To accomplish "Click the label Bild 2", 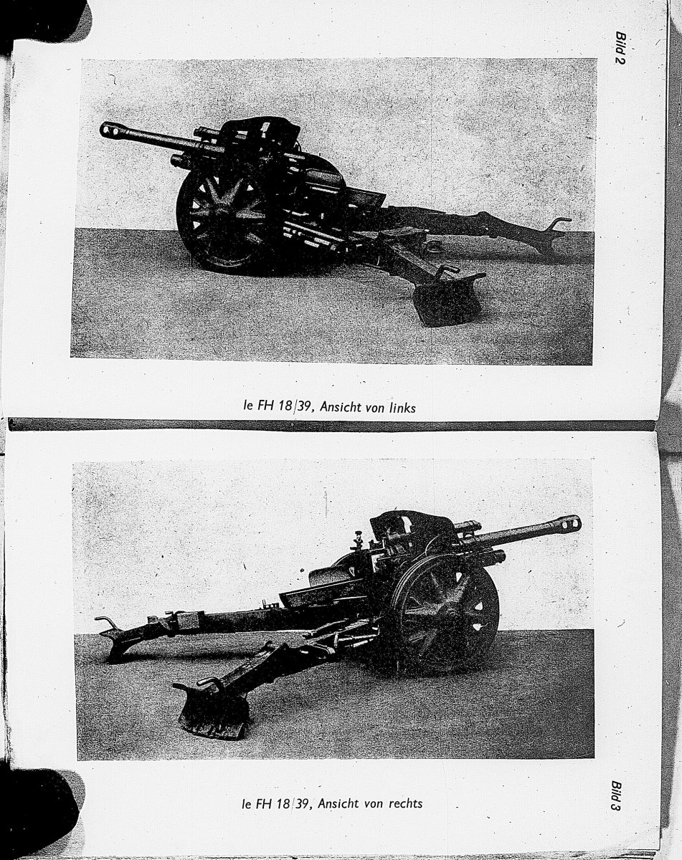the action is point(620,47).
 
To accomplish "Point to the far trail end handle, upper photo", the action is point(559,223).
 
